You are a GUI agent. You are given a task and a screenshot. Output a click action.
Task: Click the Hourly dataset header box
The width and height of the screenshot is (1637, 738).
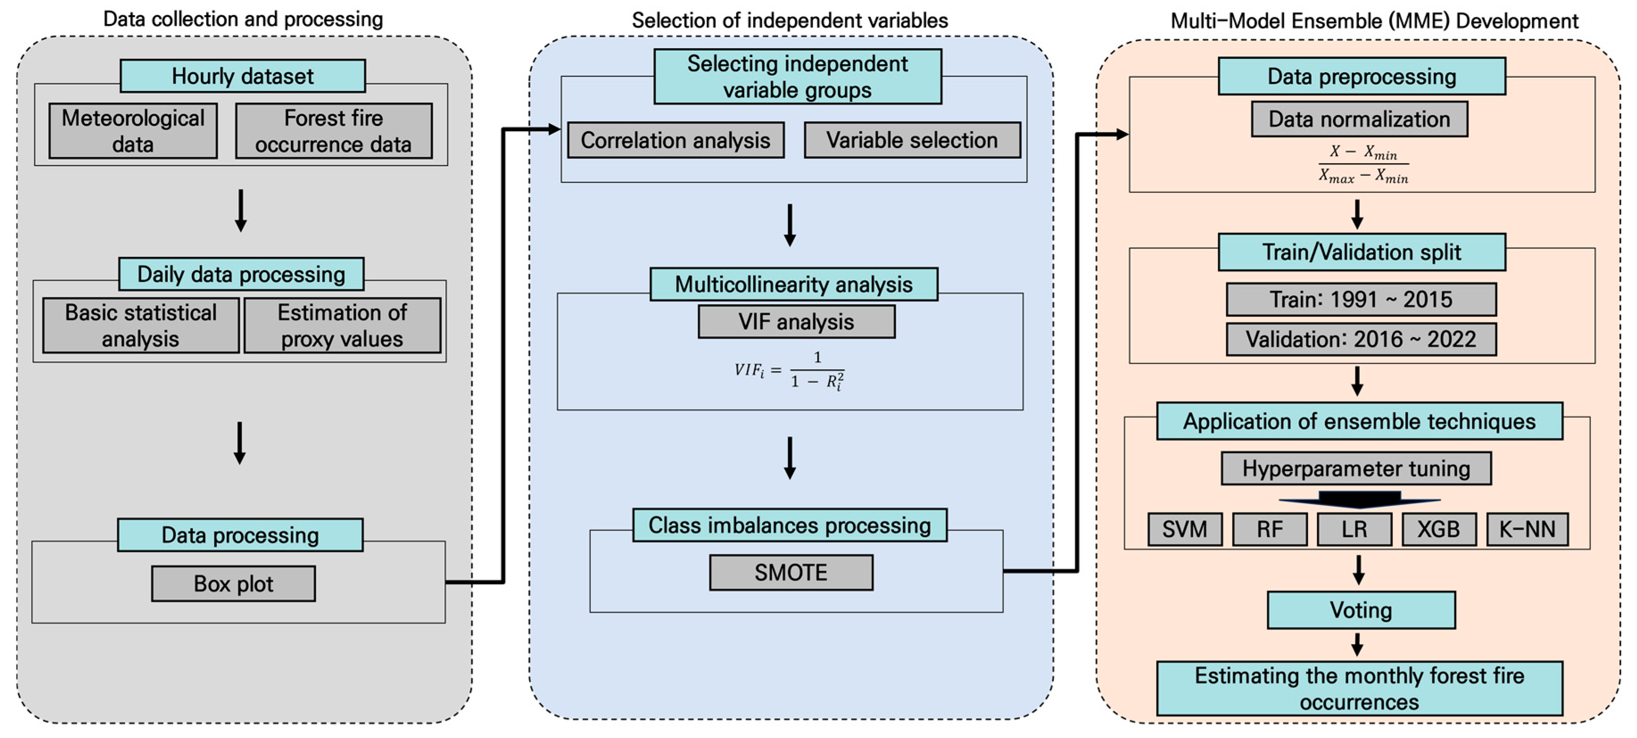point(242,76)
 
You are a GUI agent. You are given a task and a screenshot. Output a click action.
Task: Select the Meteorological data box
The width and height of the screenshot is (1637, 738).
point(133,131)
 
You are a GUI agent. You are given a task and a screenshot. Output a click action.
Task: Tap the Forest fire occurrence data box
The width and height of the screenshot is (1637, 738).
point(334,131)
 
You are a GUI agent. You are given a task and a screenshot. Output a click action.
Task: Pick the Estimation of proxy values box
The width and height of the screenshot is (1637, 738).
point(342,325)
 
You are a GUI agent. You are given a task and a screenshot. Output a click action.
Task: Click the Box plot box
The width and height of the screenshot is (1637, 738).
point(233,584)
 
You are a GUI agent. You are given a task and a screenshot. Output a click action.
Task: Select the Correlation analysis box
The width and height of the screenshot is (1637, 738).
point(675,140)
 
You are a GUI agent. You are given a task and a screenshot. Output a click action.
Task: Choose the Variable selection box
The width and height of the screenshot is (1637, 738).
point(912,140)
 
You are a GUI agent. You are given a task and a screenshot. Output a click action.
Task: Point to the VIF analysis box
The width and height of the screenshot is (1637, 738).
point(796,322)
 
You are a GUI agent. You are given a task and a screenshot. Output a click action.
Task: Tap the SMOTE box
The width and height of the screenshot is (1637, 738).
point(791,573)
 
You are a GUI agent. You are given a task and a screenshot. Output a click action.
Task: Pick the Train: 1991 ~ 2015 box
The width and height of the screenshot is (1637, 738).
point(1360,299)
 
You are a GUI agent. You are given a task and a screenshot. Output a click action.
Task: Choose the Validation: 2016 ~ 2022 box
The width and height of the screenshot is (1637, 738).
point(1360,339)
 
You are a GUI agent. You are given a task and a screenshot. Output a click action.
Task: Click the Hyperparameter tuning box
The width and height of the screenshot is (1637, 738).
point(1356,469)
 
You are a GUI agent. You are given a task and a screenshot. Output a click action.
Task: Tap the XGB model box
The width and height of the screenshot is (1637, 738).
point(1439,529)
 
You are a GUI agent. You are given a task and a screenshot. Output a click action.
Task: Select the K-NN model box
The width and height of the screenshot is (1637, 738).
point(1527,529)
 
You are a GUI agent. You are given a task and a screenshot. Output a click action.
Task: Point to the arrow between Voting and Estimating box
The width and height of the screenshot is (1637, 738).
point(1357,645)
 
